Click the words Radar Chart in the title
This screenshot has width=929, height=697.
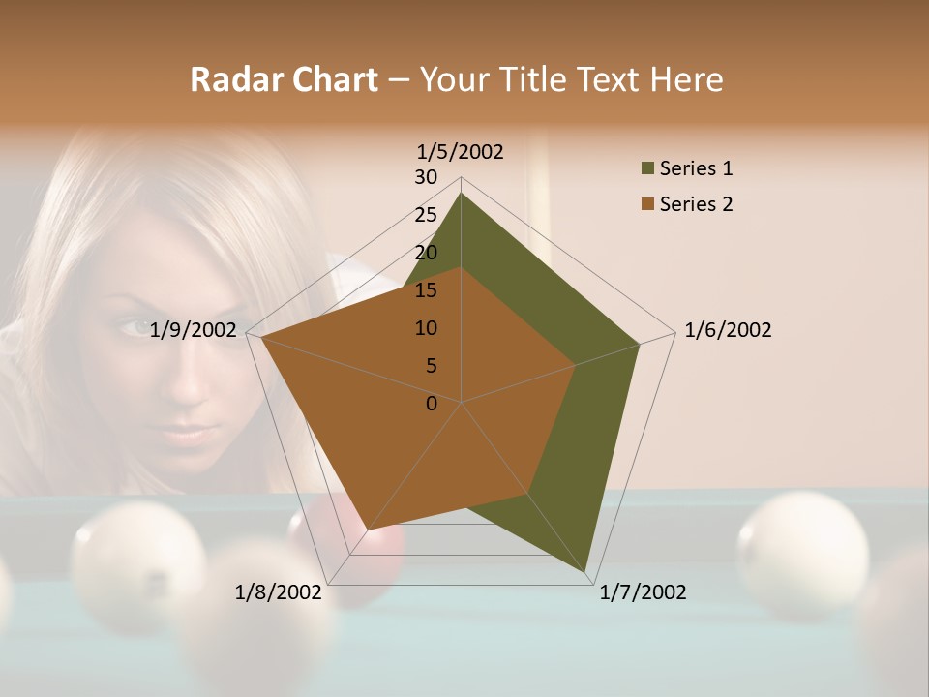283,79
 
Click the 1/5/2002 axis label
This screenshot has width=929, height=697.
460,151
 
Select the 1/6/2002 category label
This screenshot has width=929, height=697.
728,330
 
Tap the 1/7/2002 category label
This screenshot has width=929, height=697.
643,592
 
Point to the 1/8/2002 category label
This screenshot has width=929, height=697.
278,592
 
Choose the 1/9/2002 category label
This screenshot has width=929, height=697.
194,330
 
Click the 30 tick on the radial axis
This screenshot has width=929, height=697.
425,177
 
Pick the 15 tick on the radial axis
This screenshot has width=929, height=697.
425,290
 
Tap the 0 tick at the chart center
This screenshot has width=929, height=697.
432,404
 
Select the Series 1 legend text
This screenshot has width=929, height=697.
696,168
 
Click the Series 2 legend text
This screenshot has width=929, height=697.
696,204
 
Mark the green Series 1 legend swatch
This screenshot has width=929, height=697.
647,169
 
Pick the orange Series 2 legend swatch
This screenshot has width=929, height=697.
647,204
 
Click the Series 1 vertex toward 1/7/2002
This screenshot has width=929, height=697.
586,573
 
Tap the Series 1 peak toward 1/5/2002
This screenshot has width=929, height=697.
461,194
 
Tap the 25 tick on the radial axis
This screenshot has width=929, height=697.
425,215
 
